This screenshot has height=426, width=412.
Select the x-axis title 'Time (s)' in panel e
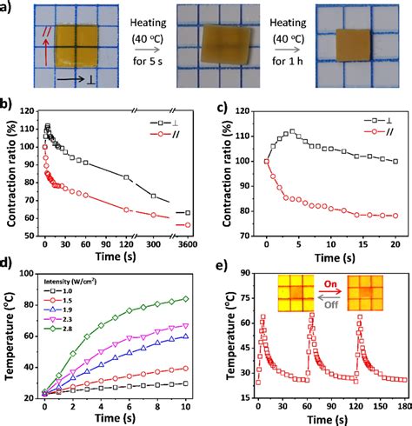(321, 420)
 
